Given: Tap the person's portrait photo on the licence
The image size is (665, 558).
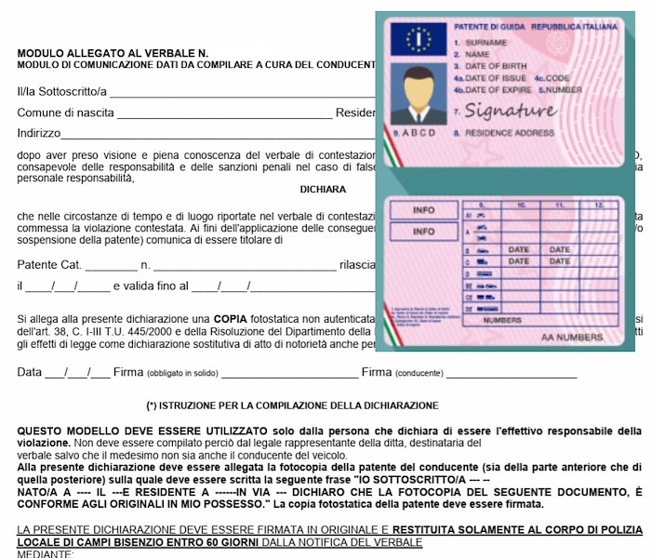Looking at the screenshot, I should tap(413, 95).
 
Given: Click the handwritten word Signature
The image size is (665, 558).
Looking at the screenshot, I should tap(511, 112).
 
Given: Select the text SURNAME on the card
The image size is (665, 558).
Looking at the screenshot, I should tap(486, 43).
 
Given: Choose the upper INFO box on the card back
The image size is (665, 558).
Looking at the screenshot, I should tap(423, 210).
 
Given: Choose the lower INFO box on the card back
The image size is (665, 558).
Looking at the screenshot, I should tap(423, 232).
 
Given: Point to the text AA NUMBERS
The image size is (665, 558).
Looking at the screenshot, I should tap(572, 338).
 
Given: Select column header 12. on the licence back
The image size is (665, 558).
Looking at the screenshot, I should tap(598, 203).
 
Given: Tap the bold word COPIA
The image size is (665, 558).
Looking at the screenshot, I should tap(230, 318).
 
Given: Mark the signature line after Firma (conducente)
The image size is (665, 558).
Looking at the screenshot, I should tap(511, 376).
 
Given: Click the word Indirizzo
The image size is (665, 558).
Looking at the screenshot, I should tap(39, 134).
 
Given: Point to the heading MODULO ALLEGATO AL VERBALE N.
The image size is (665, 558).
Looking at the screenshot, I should tap(113, 54).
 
